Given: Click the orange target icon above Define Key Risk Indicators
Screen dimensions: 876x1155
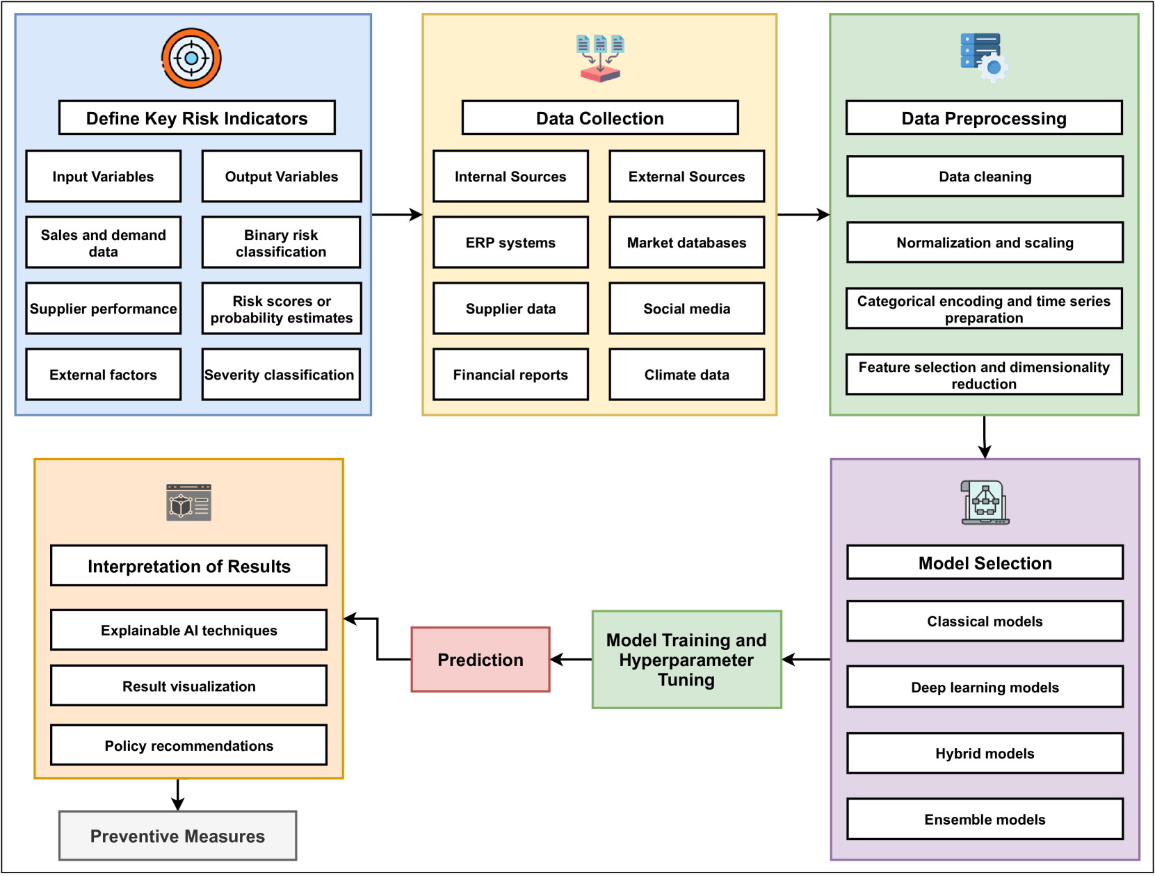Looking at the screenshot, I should pyautogui.click(x=191, y=58).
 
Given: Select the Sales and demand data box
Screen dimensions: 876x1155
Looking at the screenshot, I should pyautogui.click(x=104, y=243).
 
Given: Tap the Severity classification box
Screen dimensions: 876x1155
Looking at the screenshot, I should pyautogui.click(x=281, y=375).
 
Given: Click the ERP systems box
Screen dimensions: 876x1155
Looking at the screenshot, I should pyautogui.click(x=510, y=243).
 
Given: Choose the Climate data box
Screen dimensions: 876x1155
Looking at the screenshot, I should pyautogui.click(x=686, y=375).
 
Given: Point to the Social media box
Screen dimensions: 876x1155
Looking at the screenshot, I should pyautogui.click(x=686, y=309).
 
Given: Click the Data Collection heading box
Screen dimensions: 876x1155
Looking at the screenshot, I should pyautogui.click(x=599, y=118).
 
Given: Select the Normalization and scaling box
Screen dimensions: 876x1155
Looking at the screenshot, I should pyautogui.click(x=984, y=243).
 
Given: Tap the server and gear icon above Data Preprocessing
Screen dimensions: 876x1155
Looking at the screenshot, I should pyautogui.click(x=984, y=57).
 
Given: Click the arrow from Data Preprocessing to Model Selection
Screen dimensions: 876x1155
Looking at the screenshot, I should pyautogui.click(x=984, y=437).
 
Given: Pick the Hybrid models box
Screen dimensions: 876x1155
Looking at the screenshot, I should pyautogui.click(x=984, y=753).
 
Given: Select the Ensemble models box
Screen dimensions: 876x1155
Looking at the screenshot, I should pyautogui.click(x=984, y=819).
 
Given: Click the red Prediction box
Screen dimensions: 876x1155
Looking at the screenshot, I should pyautogui.click(x=480, y=659).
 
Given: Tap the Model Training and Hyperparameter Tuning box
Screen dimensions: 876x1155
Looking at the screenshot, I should pyautogui.click(x=686, y=659).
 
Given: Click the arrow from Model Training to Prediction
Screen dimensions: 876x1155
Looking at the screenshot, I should pyautogui.click(x=571, y=659).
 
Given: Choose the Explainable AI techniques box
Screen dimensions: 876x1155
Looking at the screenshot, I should pyautogui.click(x=188, y=630).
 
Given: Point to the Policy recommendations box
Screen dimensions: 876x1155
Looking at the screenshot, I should pyautogui.click(x=188, y=745).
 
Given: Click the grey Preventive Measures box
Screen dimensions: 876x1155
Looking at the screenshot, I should pyautogui.click(x=177, y=836).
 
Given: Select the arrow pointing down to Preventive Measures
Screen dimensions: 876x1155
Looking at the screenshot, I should pyautogui.click(x=178, y=795).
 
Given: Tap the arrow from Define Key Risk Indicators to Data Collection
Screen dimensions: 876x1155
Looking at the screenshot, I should pyautogui.click(x=397, y=215).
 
